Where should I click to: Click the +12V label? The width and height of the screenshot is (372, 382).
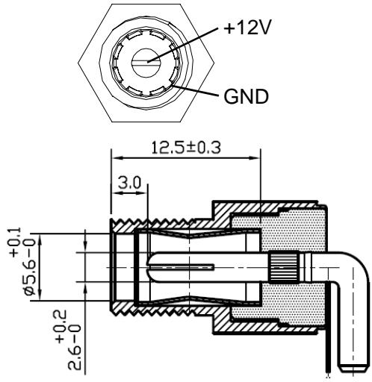click(247, 28)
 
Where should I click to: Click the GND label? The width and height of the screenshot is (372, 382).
click(246, 96)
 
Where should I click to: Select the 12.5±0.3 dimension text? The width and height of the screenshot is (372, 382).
click(186, 148)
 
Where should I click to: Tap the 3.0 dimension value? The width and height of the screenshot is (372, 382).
click(129, 183)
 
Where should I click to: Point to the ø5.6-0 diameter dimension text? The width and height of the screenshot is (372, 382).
click(32, 266)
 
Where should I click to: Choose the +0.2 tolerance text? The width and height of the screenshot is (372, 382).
click(61, 326)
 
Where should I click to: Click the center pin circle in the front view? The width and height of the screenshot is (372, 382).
click(146, 63)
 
